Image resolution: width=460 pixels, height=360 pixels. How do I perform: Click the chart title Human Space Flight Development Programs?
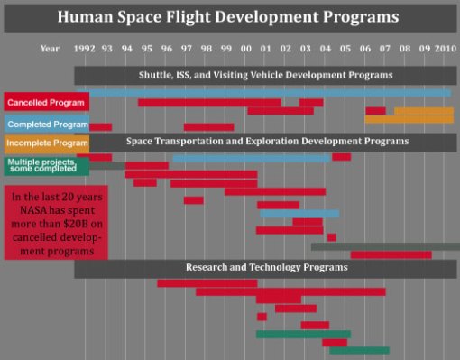[x=229, y=16]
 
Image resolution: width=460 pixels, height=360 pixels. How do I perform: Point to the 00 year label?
[x=246, y=48]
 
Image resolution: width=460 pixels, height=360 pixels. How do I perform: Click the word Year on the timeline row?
[x=51, y=48]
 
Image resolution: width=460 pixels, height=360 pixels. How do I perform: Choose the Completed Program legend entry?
[x=45, y=123]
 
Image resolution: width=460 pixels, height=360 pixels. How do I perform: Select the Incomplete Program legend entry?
[x=45, y=143]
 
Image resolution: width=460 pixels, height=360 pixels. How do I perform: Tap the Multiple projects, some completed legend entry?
[x=45, y=166]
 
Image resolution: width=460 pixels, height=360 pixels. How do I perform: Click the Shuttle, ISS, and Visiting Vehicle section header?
[x=266, y=75]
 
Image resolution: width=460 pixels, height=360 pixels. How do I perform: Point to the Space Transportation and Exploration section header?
[x=266, y=142]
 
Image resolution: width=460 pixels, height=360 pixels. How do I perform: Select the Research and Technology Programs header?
[x=266, y=268]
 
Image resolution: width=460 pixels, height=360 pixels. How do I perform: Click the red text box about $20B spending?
[x=56, y=222]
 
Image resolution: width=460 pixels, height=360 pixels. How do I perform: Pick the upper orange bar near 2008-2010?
[x=423, y=111]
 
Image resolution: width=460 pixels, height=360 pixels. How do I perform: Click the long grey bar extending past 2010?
[x=385, y=245]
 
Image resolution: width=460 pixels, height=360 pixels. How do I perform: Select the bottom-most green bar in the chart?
[x=359, y=350]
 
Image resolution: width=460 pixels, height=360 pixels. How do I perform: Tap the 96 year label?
[x=167, y=48]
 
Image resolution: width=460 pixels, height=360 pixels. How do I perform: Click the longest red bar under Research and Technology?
[x=290, y=291]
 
